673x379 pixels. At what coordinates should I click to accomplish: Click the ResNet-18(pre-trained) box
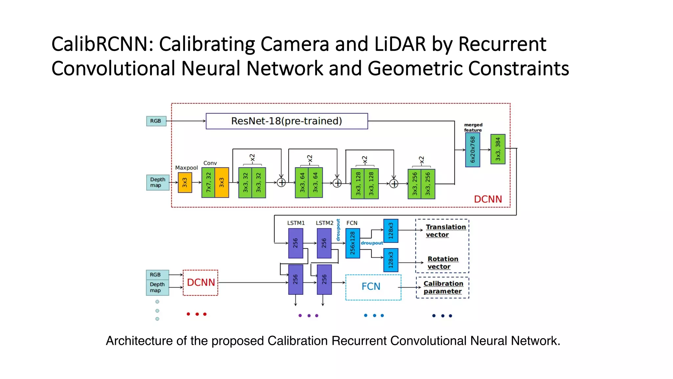(287, 121)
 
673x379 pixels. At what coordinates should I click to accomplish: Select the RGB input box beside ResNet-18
(156, 121)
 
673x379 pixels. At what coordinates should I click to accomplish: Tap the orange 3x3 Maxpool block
(185, 183)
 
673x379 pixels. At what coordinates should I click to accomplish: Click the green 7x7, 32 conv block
(208, 183)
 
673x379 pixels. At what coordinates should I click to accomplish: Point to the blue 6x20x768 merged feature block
(473, 150)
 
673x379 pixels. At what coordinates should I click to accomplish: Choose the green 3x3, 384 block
(498, 149)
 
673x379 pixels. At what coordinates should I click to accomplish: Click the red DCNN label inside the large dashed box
(488, 199)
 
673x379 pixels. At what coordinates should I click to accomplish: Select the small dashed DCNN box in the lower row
(200, 283)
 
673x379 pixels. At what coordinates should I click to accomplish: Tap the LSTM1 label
(296, 223)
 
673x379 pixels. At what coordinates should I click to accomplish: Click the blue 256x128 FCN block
(353, 243)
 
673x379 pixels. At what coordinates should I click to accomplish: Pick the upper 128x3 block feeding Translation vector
(391, 231)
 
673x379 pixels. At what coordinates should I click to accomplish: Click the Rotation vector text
(442, 263)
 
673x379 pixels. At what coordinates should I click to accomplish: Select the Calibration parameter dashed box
(442, 287)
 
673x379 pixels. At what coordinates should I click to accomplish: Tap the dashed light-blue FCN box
(373, 287)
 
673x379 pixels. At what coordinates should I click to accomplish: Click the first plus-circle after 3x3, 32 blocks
(281, 183)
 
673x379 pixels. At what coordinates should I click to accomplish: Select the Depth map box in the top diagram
(158, 182)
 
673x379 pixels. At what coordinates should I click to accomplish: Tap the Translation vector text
(445, 231)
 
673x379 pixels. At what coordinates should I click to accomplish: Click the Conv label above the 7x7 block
(210, 163)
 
